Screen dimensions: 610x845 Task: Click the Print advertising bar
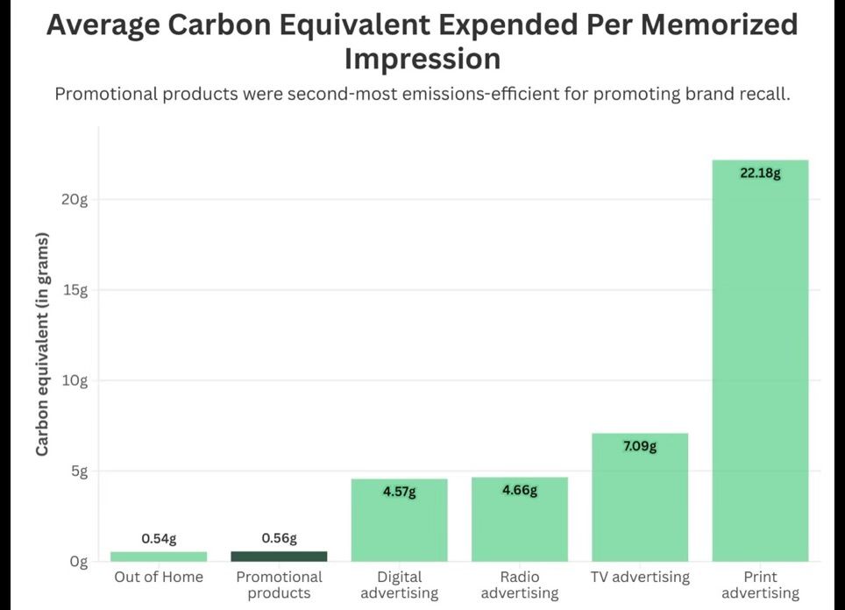click(x=760, y=360)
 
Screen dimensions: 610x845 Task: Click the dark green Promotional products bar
click(x=279, y=556)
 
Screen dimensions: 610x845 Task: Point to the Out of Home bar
click(x=159, y=556)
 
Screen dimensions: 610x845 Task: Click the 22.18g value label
click(x=760, y=174)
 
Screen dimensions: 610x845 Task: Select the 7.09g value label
click(x=640, y=447)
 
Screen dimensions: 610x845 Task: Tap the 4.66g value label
click(x=520, y=491)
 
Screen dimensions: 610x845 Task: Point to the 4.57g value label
click(x=399, y=493)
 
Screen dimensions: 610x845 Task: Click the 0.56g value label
click(x=279, y=538)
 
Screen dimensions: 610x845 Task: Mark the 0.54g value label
click(x=159, y=538)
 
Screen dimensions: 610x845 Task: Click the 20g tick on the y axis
click(x=76, y=200)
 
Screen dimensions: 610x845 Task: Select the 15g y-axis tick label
click(x=76, y=290)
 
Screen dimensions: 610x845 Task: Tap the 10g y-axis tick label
click(x=76, y=380)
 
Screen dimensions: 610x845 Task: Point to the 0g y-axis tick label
click(x=79, y=562)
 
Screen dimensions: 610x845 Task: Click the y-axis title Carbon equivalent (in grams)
click(x=42, y=344)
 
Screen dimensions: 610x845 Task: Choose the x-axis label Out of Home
click(x=159, y=577)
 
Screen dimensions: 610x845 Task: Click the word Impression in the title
click(x=422, y=59)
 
